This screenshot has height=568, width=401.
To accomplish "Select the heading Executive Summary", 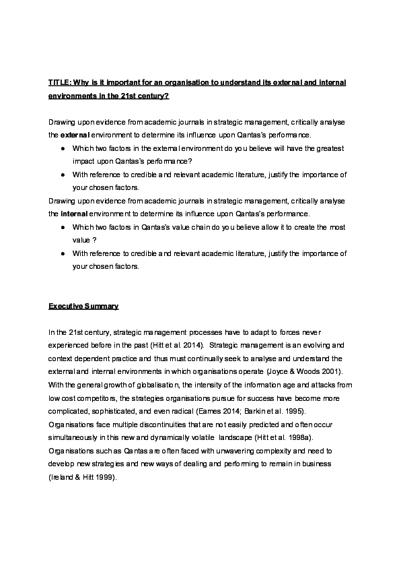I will [x=83, y=306].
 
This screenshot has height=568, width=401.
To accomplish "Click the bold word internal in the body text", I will [x=74, y=214].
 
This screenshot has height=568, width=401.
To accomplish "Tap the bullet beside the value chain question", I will [x=62, y=227].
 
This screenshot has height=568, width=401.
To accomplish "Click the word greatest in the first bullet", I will [x=330, y=149].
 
